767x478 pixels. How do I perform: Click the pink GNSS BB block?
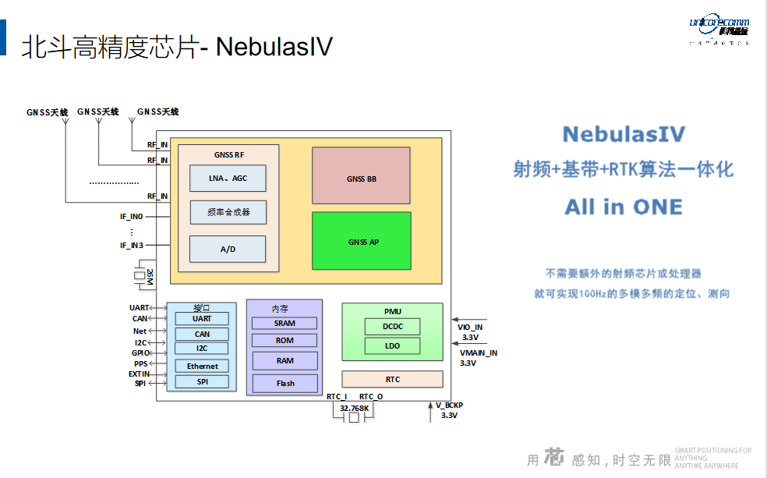[361, 176]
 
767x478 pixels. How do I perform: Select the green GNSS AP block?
[361, 241]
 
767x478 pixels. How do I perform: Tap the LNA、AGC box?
[228, 179]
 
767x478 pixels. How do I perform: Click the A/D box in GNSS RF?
[228, 249]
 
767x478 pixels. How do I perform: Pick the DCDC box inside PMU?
[392, 327]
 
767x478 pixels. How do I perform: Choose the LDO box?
[392, 345]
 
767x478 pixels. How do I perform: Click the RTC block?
[392, 380]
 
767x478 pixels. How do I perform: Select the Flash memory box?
[285, 383]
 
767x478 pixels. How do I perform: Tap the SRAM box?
[285, 323]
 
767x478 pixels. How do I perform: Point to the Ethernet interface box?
[202, 366]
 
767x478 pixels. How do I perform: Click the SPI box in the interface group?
[202, 382]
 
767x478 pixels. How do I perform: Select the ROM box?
[285, 340]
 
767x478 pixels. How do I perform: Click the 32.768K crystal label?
[354, 408]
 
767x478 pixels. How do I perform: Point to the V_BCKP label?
[449, 405]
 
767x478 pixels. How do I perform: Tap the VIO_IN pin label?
[470, 328]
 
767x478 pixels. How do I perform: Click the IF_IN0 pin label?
[132, 216]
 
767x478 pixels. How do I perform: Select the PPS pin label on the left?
[140, 363]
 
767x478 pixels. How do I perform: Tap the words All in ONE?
[623, 207]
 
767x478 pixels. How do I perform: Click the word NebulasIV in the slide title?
[274, 47]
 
